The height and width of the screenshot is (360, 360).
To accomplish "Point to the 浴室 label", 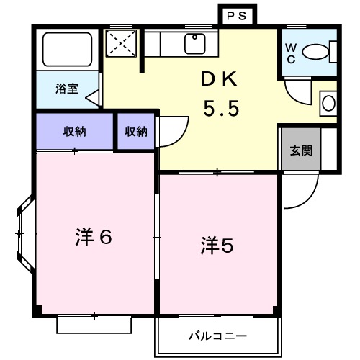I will click(68, 90).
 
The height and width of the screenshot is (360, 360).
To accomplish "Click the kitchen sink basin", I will click(195, 43).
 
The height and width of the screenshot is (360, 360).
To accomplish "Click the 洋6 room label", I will click(94, 237).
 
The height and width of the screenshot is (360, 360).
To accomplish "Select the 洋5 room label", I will click(217, 246).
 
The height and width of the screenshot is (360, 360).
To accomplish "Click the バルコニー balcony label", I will click(218, 336).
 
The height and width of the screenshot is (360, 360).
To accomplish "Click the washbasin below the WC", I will click(328, 103).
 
